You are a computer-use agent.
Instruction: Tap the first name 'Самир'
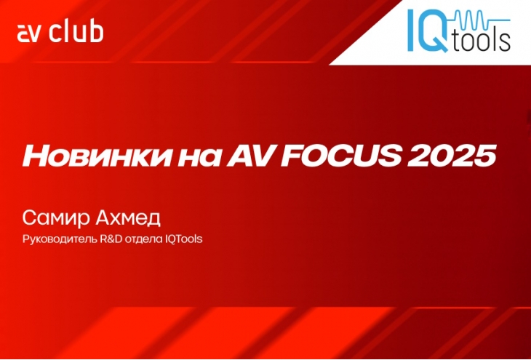pos(56,219)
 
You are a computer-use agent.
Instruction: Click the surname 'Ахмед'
pos(128,218)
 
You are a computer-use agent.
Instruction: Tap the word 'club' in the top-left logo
pos(76,32)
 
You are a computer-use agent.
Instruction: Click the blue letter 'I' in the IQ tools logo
pos(411,30)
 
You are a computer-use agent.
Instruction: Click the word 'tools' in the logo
pos(481,41)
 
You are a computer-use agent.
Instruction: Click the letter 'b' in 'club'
pos(96,32)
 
